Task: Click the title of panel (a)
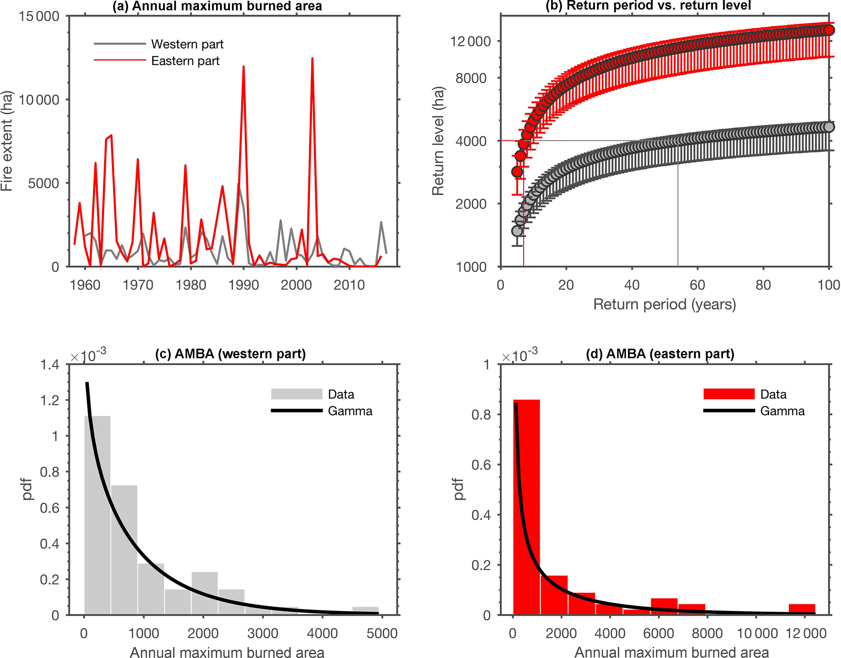coord(217,6)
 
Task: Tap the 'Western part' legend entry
coord(187,44)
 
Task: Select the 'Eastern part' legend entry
coord(185,61)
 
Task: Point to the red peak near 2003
coord(312,59)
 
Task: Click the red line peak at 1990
coord(243,67)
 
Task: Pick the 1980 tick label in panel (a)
coord(191,285)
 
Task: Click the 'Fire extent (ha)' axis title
coord(7,141)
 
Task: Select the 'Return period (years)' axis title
coord(664,304)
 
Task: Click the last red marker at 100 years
coord(828,30)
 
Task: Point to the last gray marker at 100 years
coord(828,127)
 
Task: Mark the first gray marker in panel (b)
coord(517,231)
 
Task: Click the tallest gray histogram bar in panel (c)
coord(97,515)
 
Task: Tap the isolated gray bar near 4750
coord(365,610)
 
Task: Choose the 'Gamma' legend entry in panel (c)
coord(350,411)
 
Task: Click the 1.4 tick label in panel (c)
coord(50,365)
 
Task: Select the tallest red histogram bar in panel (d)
coord(526,507)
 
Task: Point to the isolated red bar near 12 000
coord(802,609)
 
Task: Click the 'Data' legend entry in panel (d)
coord(773,394)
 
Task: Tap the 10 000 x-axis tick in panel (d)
coord(756,634)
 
